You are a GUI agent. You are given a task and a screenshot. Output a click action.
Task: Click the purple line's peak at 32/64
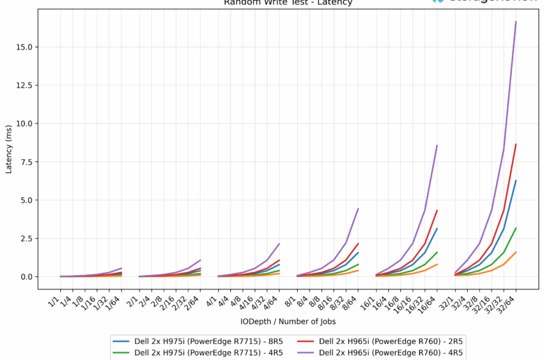[x=516, y=22]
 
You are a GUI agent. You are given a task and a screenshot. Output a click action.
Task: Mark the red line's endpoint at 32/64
[x=516, y=144]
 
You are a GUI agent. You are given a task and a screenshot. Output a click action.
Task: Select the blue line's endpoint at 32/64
[x=516, y=181]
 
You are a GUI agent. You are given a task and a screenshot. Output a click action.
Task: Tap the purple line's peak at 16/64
[x=437, y=146]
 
